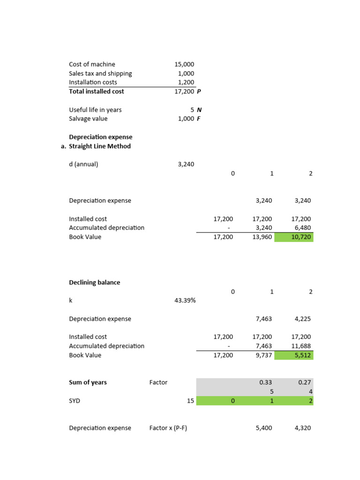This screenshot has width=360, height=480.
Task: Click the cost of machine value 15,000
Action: (x=184, y=64)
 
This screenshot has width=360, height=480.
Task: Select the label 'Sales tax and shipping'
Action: (x=100, y=74)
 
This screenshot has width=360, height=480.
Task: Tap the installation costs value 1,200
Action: (x=186, y=82)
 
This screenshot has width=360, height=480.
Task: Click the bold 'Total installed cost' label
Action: (x=97, y=91)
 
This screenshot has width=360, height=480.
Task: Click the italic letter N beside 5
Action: (x=199, y=110)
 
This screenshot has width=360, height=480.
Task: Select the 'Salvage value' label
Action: (x=88, y=119)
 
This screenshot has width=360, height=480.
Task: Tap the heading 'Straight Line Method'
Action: (x=100, y=146)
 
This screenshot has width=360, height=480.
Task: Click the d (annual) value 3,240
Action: (x=186, y=164)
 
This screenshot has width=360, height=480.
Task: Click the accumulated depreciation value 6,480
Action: (x=302, y=228)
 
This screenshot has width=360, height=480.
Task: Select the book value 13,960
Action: (x=262, y=237)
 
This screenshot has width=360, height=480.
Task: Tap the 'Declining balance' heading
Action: (x=95, y=283)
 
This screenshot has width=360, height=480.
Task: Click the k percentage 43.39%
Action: (x=185, y=300)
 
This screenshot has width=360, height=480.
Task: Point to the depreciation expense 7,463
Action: (x=264, y=319)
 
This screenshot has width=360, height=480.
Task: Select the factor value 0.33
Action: (x=266, y=382)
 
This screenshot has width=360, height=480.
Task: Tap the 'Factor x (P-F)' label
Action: (x=168, y=428)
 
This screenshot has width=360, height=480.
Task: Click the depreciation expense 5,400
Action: (x=264, y=428)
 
